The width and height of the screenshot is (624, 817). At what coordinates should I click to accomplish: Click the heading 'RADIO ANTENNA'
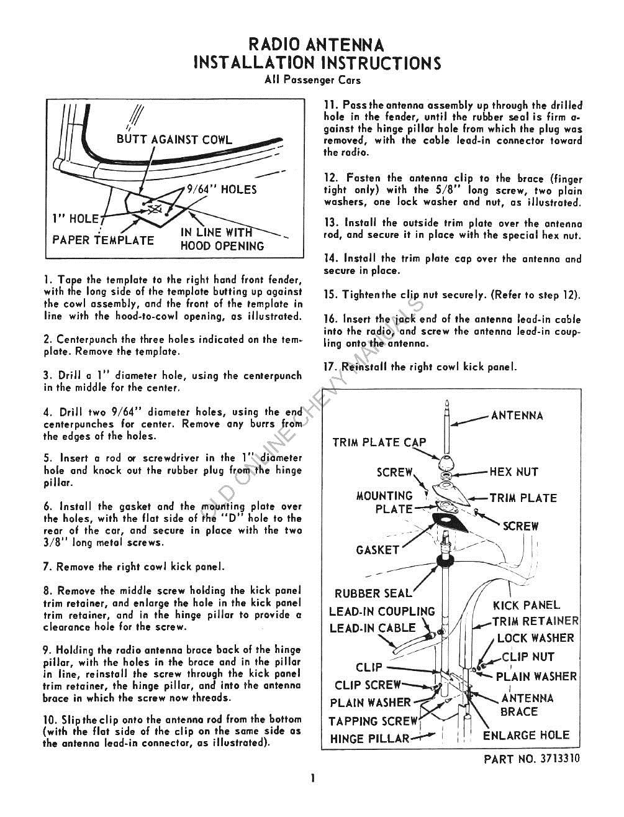tap(316, 45)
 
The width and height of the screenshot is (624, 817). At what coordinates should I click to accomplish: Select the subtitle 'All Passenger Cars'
tap(312, 80)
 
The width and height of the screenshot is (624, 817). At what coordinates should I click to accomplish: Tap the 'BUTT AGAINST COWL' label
tap(174, 140)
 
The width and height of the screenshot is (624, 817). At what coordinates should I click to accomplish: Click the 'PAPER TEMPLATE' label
tap(103, 240)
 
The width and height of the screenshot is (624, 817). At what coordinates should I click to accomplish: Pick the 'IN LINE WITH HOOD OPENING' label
tap(222, 239)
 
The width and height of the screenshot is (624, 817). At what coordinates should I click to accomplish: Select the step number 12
tap(330, 178)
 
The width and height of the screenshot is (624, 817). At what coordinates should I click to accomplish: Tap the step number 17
tap(330, 367)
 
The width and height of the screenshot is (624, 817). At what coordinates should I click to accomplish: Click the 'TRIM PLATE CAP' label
tap(379, 442)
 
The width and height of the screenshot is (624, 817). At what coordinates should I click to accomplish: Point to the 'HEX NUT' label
tap(513, 472)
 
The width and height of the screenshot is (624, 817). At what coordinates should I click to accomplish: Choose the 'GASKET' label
tap(377, 550)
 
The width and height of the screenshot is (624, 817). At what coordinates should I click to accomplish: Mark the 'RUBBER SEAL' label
tap(373, 593)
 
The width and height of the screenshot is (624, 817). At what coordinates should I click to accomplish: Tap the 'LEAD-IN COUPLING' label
tap(382, 611)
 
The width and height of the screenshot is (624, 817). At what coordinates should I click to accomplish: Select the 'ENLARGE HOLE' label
tap(526, 735)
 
